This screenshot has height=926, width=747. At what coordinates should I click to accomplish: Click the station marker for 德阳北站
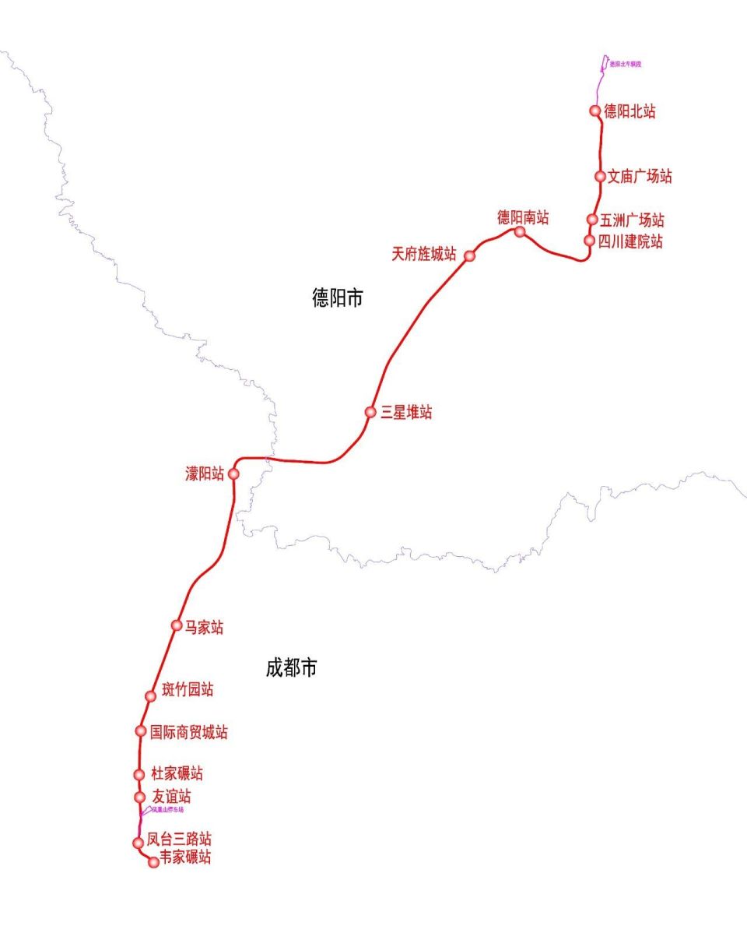(x=596, y=111)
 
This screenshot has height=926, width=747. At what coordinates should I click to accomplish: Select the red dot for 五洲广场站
(x=592, y=220)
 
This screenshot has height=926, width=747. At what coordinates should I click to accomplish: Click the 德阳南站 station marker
(x=520, y=231)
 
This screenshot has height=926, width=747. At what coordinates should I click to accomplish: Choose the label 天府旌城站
(x=424, y=254)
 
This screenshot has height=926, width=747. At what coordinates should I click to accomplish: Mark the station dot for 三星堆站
(x=370, y=412)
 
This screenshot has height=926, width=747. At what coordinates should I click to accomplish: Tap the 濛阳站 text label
(x=205, y=474)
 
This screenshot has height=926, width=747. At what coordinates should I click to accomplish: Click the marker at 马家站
(x=177, y=625)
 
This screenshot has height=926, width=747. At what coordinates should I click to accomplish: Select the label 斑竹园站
(x=187, y=689)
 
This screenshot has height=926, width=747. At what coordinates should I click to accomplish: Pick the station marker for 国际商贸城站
(x=141, y=731)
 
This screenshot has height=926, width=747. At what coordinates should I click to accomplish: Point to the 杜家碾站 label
(x=177, y=774)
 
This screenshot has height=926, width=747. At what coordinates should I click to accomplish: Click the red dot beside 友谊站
(x=139, y=797)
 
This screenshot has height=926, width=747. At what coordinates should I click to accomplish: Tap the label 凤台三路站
(x=179, y=840)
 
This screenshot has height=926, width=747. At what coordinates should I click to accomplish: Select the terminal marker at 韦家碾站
(x=153, y=862)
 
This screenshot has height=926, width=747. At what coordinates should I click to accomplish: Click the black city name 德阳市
(x=338, y=298)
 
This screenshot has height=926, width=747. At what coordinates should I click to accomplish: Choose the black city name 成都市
(x=291, y=668)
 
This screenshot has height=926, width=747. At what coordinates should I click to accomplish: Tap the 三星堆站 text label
(x=406, y=413)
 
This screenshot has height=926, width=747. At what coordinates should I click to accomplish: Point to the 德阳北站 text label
(x=630, y=112)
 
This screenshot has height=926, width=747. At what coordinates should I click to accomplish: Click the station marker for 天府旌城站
(x=470, y=255)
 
